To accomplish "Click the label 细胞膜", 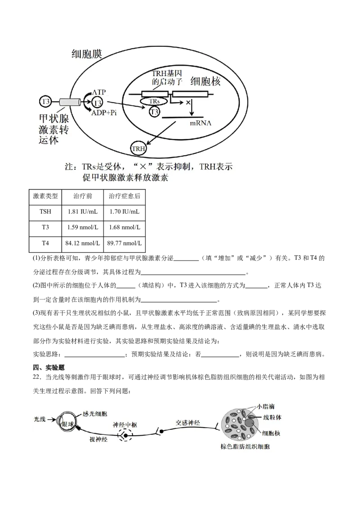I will click(87, 54).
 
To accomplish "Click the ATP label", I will click(100, 92).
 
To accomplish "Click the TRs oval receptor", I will click(154, 102).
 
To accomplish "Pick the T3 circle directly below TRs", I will click(154, 112).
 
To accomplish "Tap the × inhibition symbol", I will click(184, 103).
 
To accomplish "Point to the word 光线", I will click(40, 419).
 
